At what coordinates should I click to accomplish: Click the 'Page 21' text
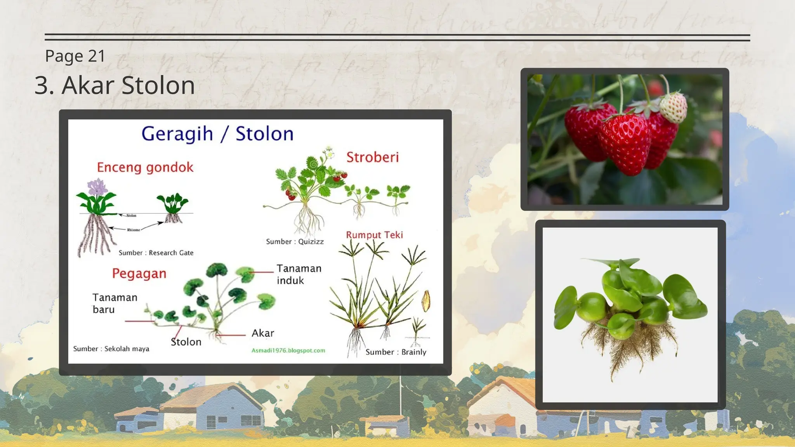coord(75,56)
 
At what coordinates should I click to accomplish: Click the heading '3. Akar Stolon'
coord(115,85)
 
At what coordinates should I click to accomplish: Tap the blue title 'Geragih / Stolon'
coord(217,134)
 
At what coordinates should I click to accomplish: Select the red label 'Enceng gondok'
coord(145,167)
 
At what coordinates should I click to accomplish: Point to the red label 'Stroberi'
coord(372,157)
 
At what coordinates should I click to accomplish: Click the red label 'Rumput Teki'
coord(374,235)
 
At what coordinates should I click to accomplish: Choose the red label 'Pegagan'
coord(139,274)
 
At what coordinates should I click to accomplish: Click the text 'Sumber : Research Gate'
coord(156,253)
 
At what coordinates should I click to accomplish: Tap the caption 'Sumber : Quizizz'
coord(295,241)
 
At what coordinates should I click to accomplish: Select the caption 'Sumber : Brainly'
coord(396,352)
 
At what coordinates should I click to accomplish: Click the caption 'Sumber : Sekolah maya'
coord(111,348)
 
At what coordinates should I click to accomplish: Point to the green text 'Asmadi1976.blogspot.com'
coord(288,350)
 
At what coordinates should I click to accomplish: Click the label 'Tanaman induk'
coord(299,274)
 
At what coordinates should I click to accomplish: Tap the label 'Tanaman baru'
coord(115,303)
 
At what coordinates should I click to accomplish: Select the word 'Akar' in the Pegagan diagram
coord(262,333)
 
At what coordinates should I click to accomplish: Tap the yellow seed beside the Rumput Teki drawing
coord(426,301)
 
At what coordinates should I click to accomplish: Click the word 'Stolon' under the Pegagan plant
coord(186,342)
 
